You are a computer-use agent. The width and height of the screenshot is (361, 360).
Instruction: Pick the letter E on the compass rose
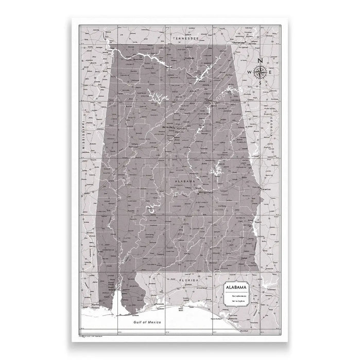(x=272, y=72)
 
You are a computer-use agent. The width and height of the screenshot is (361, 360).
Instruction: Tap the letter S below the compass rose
(x=261, y=83)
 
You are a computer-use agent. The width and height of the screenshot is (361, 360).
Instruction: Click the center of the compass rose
(x=261, y=71)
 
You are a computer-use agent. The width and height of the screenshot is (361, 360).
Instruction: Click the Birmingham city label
(x=169, y=126)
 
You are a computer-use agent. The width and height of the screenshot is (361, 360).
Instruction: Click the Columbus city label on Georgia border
(x=267, y=189)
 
